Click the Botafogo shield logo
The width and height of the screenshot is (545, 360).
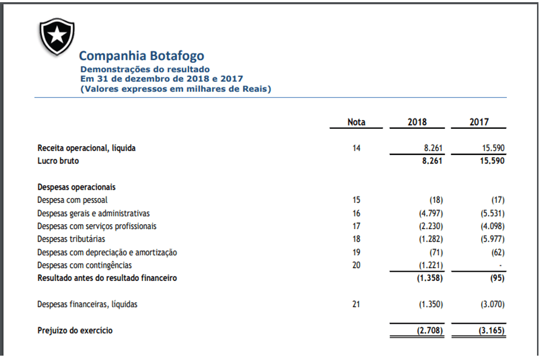pyautogui.click(x=57, y=37)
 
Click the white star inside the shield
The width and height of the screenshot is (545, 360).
pyautogui.click(x=57, y=35)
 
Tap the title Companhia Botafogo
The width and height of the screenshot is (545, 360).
pyautogui.click(x=142, y=56)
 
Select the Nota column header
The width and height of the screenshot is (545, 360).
pyautogui.click(x=356, y=122)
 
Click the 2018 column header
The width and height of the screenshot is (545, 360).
pyautogui.click(x=417, y=122)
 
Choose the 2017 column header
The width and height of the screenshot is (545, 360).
pyautogui.click(x=479, y=122)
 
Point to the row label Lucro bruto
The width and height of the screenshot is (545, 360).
pyautogui.click(x=58, y=161)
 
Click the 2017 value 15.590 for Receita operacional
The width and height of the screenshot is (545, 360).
pyautogui.click(x=493, y=148)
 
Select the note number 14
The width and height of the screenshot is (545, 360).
pyautogui.click(x=356, y=148)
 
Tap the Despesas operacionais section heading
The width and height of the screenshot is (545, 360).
pyautogui.click(x=76, y=187)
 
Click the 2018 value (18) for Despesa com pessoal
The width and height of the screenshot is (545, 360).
pyautogui.click(x=436, y=200)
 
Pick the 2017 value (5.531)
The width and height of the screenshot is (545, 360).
pyautogui.click(x=493, y=213)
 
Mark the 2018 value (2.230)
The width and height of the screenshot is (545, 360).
pyautogui.click(x=431, y=226)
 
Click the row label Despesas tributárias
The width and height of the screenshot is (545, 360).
pyautogui.click(x=71, y=239)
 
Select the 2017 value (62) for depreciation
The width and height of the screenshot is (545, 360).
pyautogui.click(x=498, y=252)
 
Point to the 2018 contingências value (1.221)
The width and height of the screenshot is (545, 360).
pyautogui.click(x=431, y=266)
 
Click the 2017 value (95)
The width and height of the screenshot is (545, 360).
pyautogui.click(x=498, y=278)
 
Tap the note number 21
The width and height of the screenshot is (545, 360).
pyautogui.click(x=356, y=304)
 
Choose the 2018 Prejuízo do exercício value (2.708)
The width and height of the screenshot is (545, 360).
pyautogui.click(x=430, y=331)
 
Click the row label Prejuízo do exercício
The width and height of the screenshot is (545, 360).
pyautogui.click(x=75, y=331)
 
